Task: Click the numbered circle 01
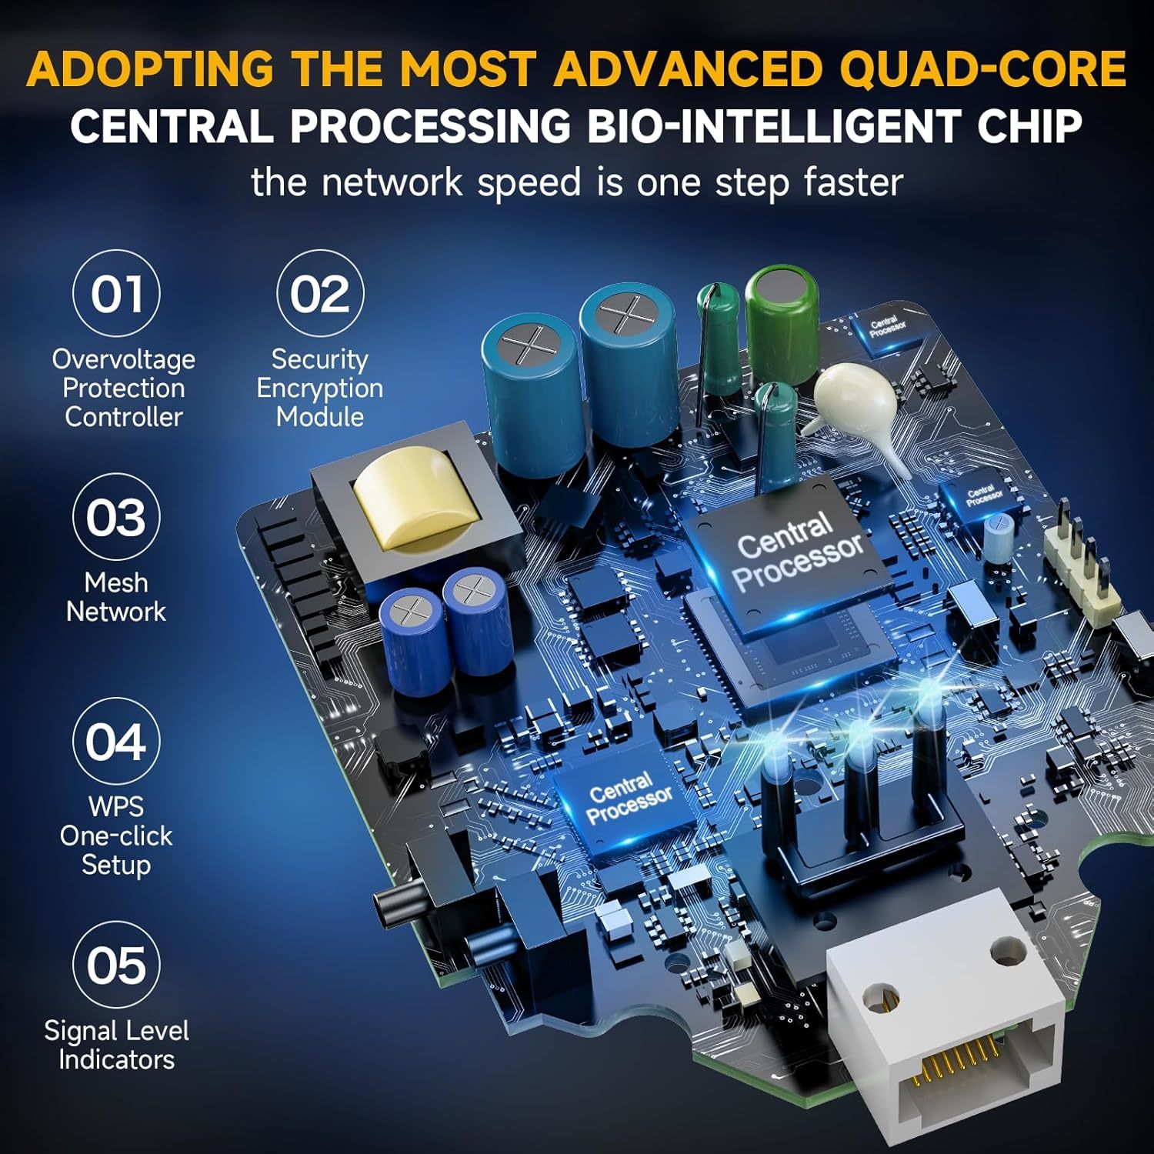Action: (116, 293)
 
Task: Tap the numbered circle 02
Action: (320, 293)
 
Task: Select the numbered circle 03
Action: (116, 517)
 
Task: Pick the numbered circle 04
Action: (116, 741)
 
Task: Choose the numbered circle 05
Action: (116, 965)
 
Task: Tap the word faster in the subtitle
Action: (853, 182)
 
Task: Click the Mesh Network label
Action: (116, 597)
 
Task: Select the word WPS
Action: (116, 806)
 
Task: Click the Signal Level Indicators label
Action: (116, 1045)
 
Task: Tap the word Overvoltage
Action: (123, 360)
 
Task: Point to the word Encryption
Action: (320, 389)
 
